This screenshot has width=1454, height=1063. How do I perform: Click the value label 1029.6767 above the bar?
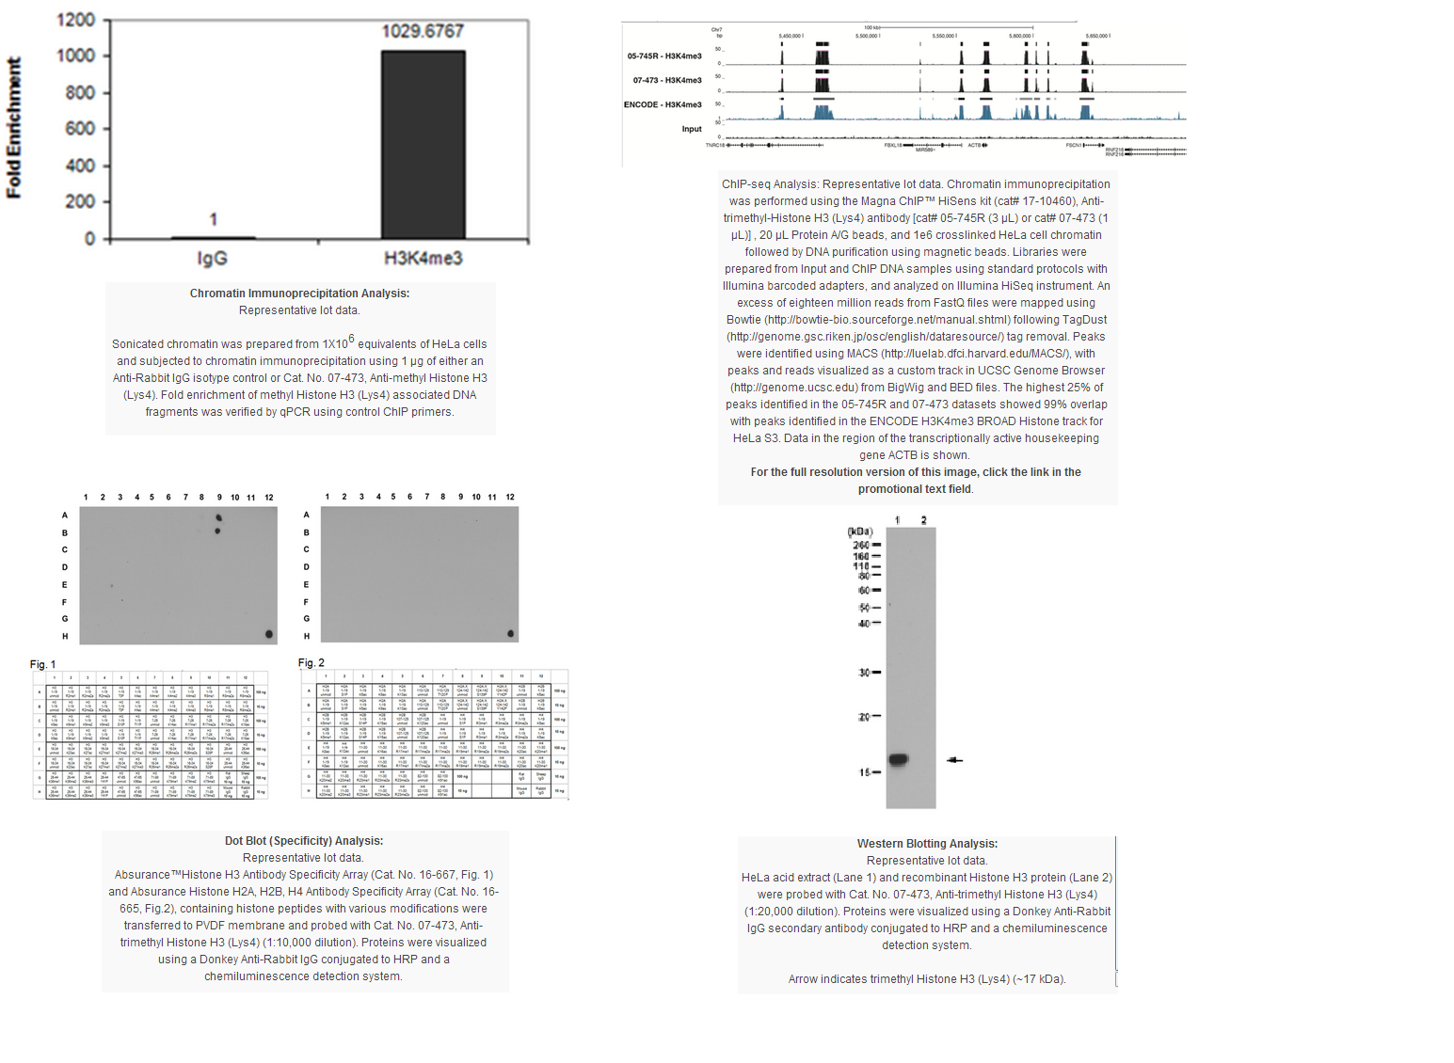[423, 31]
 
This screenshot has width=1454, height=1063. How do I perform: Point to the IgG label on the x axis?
[212, 258]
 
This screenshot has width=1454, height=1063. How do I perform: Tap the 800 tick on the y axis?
[80, 92]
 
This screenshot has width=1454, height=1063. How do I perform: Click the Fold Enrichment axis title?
[14, 128]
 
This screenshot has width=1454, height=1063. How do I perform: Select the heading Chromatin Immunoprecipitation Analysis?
[299, 294]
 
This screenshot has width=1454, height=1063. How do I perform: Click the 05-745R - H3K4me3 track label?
[664, 56]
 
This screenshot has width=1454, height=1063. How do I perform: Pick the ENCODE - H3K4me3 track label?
[663, 104]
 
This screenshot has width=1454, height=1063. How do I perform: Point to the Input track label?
[692, 129]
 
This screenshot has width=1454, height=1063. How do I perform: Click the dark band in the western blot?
[899, 759]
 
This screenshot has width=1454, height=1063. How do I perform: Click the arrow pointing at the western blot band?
[954, 759]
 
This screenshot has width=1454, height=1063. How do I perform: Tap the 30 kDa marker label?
[864, 673]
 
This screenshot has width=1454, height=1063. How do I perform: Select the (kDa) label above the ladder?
[860, 531]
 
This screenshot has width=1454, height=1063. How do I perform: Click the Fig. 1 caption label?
[43, 664]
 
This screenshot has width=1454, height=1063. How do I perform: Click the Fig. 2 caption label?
[312, 663]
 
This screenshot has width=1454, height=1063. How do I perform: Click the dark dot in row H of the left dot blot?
[269, 634]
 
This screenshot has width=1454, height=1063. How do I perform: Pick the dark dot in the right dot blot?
[511, 633]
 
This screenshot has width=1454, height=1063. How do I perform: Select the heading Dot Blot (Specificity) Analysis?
[304, 841]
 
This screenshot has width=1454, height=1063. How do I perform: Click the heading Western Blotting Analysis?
[927, 844]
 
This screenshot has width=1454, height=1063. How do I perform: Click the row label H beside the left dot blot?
[65, 636]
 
